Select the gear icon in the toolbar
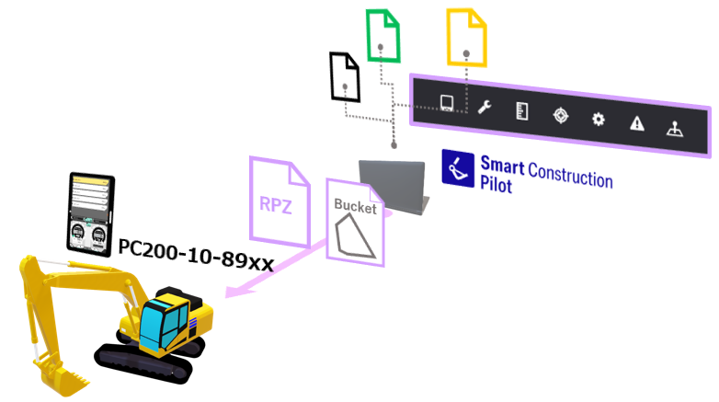coord(599,120)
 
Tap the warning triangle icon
coord(636,124)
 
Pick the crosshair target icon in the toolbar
coord(560,115)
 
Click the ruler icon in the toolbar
coord(522,111)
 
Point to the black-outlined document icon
coord(344,76)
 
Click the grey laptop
coord(393,186)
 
